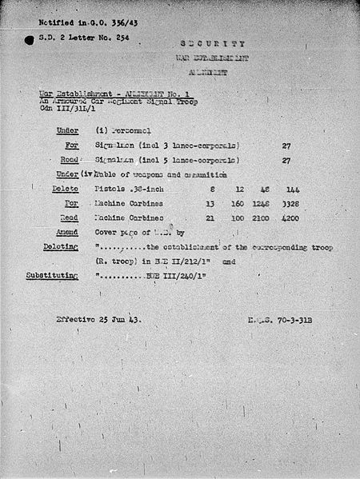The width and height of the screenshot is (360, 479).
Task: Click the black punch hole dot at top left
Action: pyautogui.click(x=29, y=39)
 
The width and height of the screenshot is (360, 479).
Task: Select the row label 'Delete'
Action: pyautogui.click(x=65, y=189)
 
